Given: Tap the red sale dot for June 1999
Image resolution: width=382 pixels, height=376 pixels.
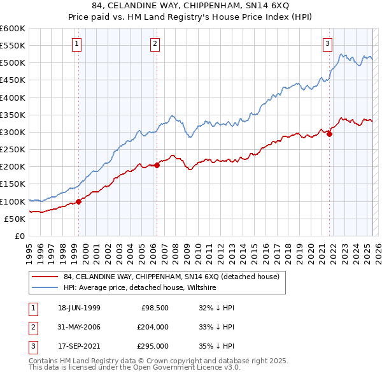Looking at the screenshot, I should coord(79,202).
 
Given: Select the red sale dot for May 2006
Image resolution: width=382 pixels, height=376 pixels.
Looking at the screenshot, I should coord(157,166).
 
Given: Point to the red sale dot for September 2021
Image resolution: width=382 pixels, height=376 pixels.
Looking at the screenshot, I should coord(330,134).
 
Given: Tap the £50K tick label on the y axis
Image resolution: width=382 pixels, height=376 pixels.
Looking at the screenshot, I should coord(15,219).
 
